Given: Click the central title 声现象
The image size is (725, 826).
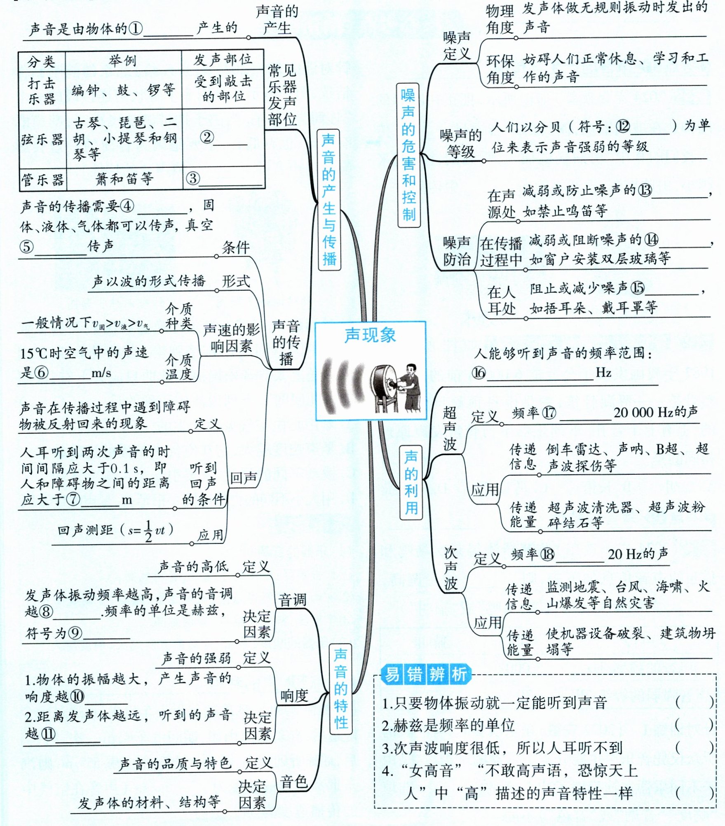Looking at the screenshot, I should [370, 335].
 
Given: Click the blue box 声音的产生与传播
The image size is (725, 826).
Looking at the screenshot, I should [328, 200].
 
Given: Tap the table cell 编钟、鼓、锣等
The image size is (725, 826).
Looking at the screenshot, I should [123, 90].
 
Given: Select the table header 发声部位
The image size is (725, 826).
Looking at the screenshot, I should [223, 60].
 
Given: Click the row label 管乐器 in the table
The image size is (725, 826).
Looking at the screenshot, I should [42, 180].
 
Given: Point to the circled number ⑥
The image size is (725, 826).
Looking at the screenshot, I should [41, 373].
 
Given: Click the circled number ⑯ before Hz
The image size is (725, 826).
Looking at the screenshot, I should [479, 373].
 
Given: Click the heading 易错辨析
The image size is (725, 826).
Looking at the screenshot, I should [425, 674].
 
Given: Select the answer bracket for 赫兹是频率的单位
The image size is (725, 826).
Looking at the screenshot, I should [694, 725].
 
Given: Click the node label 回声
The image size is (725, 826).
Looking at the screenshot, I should [243, 478].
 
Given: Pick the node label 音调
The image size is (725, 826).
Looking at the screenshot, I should [292, 600].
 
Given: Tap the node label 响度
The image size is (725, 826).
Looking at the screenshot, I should [294, 696].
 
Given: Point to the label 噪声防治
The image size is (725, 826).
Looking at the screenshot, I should [457, 251].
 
